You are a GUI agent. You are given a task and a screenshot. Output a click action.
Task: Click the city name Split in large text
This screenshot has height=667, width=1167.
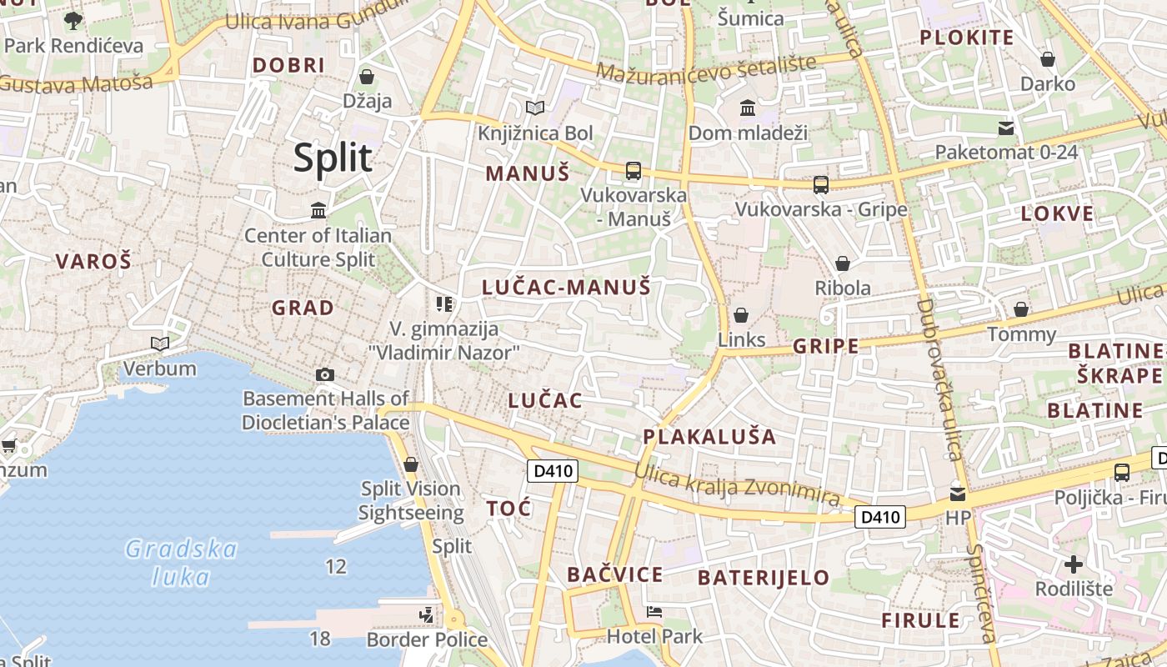point(332,158)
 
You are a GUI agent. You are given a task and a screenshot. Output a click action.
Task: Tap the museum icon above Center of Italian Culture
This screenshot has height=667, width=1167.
point(318,210)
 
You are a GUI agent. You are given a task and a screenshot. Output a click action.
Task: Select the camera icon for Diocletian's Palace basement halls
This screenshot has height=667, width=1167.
point(325,375)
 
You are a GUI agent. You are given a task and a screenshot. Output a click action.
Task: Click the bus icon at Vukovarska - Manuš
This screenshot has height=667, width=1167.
point(634,171)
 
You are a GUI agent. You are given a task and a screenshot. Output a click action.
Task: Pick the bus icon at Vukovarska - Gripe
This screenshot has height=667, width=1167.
point(821,184)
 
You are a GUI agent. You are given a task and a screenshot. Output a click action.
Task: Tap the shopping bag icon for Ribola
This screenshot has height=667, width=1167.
point(843,263)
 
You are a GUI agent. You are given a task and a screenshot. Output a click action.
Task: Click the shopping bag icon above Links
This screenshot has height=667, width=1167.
point(740,315)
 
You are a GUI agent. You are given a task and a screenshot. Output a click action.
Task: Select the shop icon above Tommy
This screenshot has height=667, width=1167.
point(1021,310)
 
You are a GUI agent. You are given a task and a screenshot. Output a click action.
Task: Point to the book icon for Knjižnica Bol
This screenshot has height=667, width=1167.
point(535,108)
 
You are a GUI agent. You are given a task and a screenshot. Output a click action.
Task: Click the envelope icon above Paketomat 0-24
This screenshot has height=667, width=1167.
point(1006,128)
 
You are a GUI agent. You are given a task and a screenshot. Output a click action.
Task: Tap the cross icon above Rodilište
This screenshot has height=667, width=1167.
point(1074,564)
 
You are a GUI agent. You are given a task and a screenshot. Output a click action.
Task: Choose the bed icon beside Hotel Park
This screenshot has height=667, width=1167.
point(654,613)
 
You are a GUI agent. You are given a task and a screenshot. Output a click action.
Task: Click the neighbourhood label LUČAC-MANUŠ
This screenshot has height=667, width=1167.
point(566,288)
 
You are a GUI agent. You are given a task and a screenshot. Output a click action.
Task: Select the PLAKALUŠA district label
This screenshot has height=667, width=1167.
point(709,436)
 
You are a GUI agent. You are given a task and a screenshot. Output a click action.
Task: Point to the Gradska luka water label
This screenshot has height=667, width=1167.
point(182,562)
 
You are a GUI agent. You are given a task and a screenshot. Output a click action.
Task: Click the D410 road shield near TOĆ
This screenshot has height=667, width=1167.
point(553,471)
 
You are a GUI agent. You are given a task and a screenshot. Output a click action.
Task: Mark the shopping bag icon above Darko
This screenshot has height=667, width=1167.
point(1048,59)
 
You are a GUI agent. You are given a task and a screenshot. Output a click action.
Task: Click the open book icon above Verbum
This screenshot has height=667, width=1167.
point(159,344)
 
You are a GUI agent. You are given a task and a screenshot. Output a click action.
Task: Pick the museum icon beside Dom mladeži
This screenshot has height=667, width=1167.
point(748,108)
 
